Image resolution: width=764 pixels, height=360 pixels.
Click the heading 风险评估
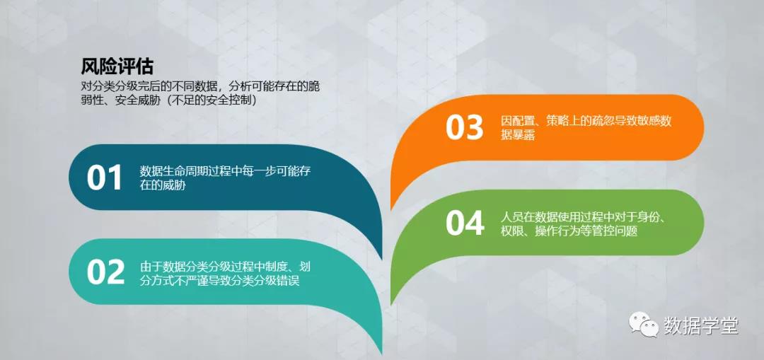[117, 66]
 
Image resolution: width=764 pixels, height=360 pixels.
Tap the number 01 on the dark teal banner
[105, 178]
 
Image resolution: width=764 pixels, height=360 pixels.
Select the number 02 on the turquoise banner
[105, 272]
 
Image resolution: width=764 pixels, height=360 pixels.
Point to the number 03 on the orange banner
[464, 127]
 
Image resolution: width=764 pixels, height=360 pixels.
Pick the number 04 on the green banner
[465, 223]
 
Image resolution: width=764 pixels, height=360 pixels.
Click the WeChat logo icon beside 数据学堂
[644, 324]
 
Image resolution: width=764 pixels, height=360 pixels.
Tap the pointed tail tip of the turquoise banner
[381, 354]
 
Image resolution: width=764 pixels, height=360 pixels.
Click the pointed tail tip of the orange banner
[392, 209]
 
